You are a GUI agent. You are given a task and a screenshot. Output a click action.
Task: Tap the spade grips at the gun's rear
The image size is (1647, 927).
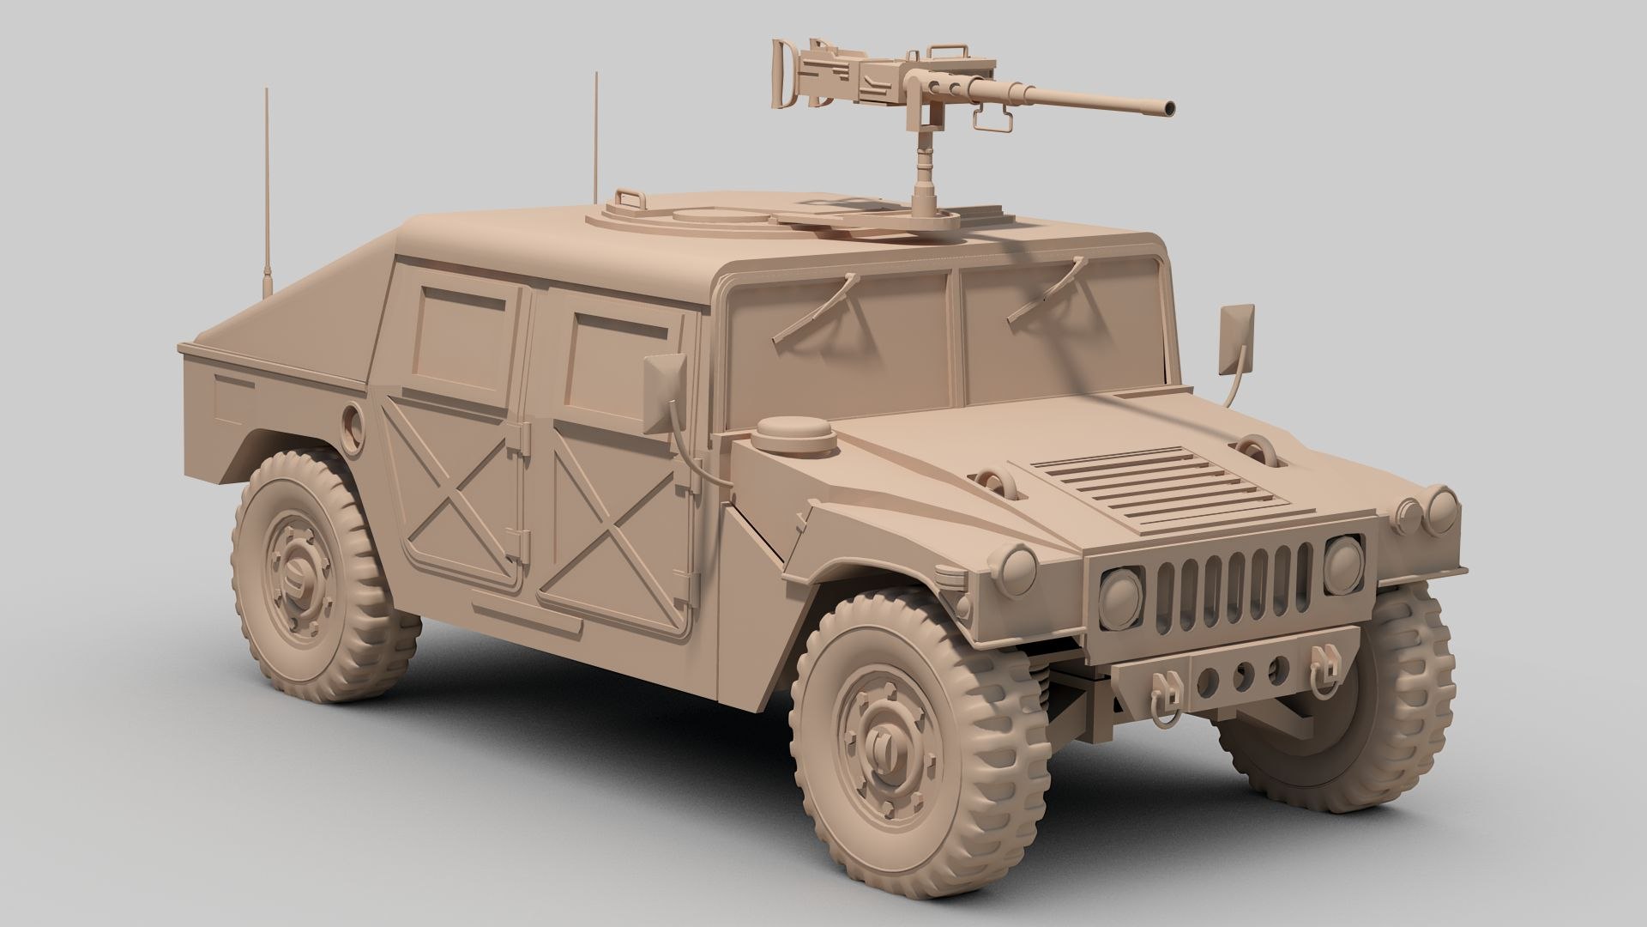[x=783, y=65]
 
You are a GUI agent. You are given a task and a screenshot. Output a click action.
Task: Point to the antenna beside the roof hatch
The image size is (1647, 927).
[x=595, y=137]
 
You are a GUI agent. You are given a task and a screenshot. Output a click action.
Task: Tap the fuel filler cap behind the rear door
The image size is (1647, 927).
[x=352, y=422]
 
